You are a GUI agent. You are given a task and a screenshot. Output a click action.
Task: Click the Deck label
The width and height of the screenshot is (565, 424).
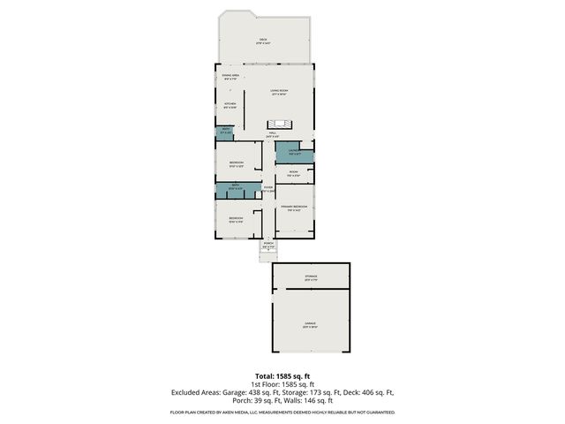pyautogui.click(x=263, y=41)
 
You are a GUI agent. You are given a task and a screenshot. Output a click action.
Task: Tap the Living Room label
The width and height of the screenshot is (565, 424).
pyautogui.click(x=280, y=92)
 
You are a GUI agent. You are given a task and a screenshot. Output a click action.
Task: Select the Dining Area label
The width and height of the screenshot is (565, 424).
pyautogui.click(x=230, y=79)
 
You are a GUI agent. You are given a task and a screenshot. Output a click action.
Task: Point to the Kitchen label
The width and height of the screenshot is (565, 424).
pyautogui.click(x=230, y=105)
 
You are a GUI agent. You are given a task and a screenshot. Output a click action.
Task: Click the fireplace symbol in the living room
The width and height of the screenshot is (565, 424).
pyautogui.click(x=281, y=123)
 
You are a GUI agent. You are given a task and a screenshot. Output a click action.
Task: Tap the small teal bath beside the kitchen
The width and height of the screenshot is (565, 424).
pyautogui.click(x=225, y=132)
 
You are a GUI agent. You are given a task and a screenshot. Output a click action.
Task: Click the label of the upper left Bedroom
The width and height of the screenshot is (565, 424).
pyautogui.click(x=236, y=164)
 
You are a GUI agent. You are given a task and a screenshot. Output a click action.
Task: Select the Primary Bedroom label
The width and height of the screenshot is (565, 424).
pyautogui.click(x=293, y=208)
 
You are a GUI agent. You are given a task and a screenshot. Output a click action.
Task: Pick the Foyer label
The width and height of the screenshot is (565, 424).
pyautogui.click(x=268, y=188)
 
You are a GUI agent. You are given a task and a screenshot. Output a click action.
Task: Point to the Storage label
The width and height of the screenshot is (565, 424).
pyautogui.click(x=311, y=278)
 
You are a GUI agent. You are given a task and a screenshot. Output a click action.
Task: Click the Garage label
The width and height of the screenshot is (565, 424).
pyautogui.click(x=311, y=325)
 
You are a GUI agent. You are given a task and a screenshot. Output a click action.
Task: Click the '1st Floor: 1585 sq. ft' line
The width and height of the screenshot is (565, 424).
pyautogui.click(x=282, y=384)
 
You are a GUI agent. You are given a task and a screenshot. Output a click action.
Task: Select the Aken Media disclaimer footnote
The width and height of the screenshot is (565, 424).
pyautogui.click(x=282, y=413)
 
